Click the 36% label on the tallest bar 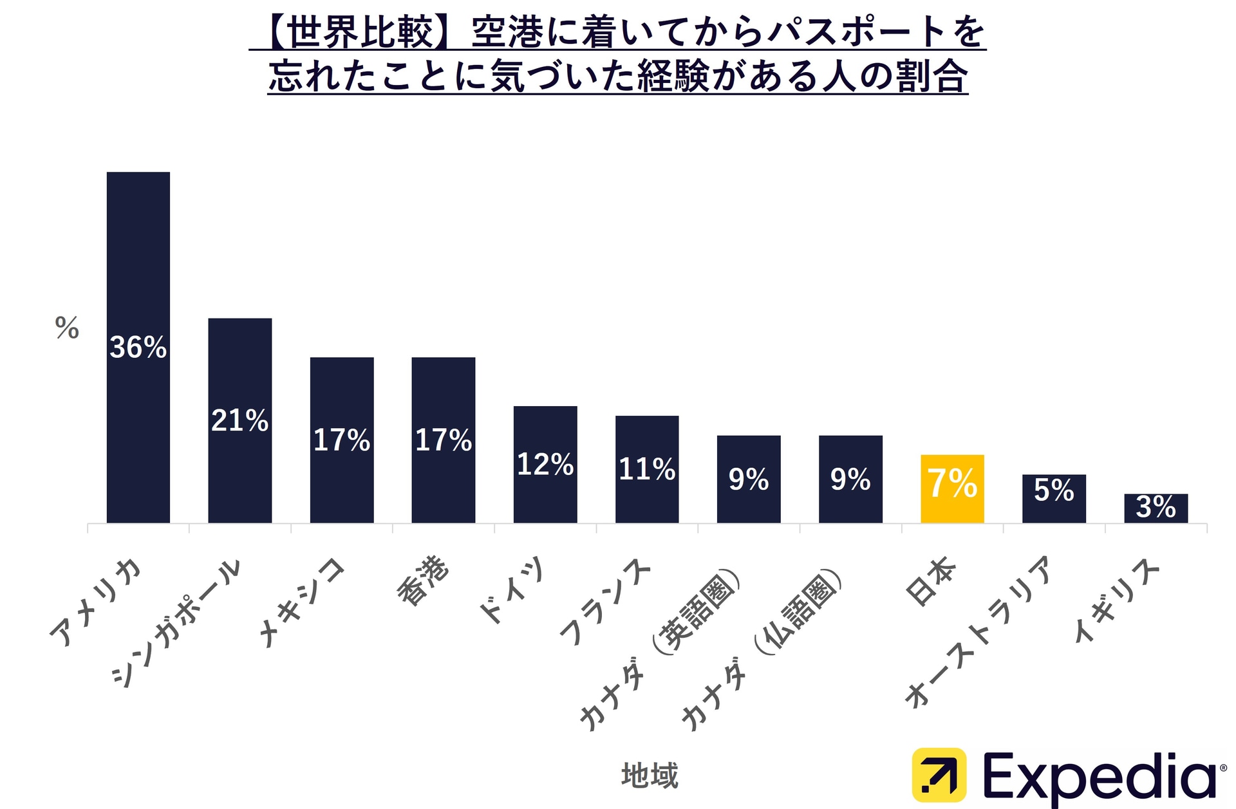[x=138, y=348]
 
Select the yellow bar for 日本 [x=952, y=489]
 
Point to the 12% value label [x=545, y=464]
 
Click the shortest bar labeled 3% [x=1156, y=508]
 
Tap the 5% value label [x=1054, y=490]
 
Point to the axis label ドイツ [x=512, y=589]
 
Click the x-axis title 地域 [x=650, y=775]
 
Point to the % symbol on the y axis [x=67, y=328]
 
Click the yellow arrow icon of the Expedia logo [x=939, y=775]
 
